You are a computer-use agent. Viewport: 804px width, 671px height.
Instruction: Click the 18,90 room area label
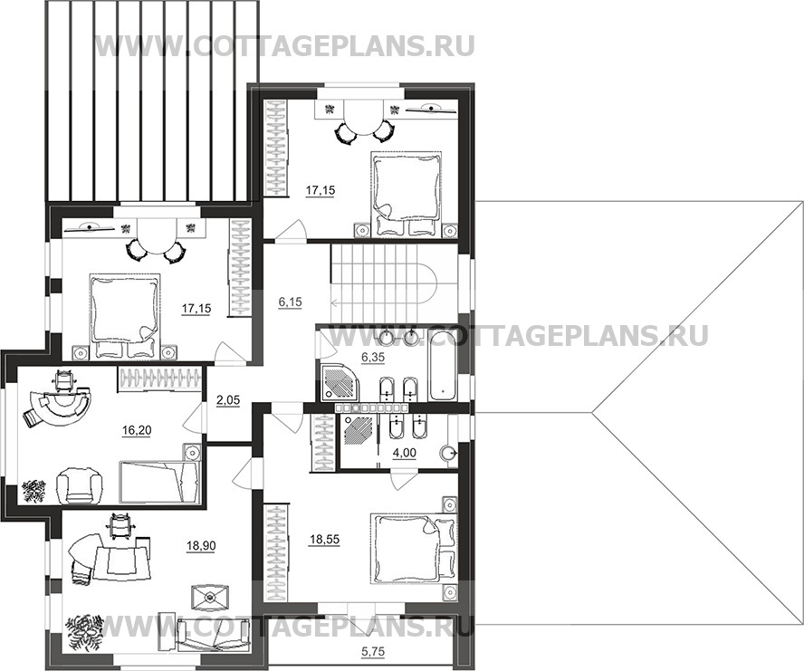point(201,546)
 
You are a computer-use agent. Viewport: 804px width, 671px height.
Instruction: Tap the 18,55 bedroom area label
point(324,540)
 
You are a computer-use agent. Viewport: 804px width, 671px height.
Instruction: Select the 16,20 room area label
point(137,431)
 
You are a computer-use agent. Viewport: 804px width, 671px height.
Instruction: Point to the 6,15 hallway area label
point(290,302)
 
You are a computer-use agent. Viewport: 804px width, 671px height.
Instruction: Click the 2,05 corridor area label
point(228,400)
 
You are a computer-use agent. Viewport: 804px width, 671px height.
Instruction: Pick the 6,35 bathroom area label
point(373,358)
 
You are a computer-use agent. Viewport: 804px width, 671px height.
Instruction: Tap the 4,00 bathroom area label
point(404,454)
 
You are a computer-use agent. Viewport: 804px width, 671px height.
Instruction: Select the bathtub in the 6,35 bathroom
point(442,365)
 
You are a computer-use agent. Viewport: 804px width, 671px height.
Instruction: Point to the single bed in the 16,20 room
point(159,482)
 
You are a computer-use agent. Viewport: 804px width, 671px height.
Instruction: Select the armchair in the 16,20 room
point(78,486)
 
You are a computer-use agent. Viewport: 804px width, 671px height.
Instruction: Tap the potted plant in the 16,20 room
point(33,491)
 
